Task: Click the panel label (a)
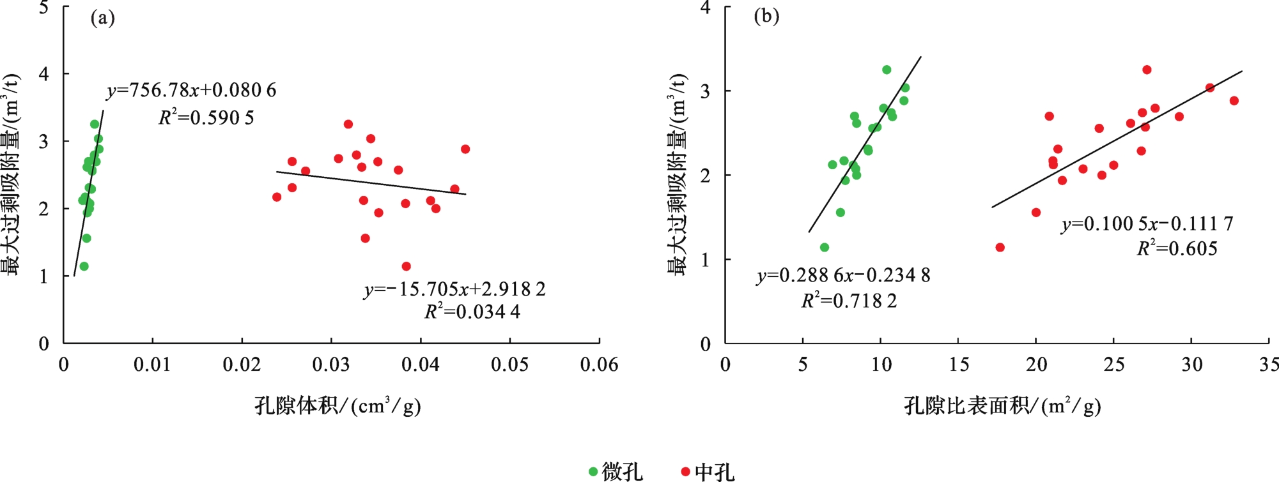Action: (102, 18)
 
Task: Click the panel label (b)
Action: (766, 16)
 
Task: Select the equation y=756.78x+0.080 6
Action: (191, 91)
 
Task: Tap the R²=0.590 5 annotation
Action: (206, 117)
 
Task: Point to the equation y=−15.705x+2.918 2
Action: (454, 289)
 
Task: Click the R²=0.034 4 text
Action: (472, 312)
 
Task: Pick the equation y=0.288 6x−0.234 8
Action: (843, 275)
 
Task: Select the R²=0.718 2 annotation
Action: (849, 300)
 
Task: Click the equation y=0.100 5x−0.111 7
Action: (1147, 224)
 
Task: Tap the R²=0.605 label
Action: (1177, 248)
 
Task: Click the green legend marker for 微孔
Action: (593, 472)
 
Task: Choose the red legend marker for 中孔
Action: (686, 472)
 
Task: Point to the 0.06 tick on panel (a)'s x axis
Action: (599, 365)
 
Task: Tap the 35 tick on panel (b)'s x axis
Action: (1268, 365)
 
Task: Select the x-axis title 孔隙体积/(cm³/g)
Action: (337, 406)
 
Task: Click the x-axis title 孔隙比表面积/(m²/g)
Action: (1002, 406)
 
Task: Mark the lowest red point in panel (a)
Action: (406, 266)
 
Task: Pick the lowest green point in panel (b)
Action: (825, 247)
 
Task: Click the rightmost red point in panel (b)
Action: (1234, 101)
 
